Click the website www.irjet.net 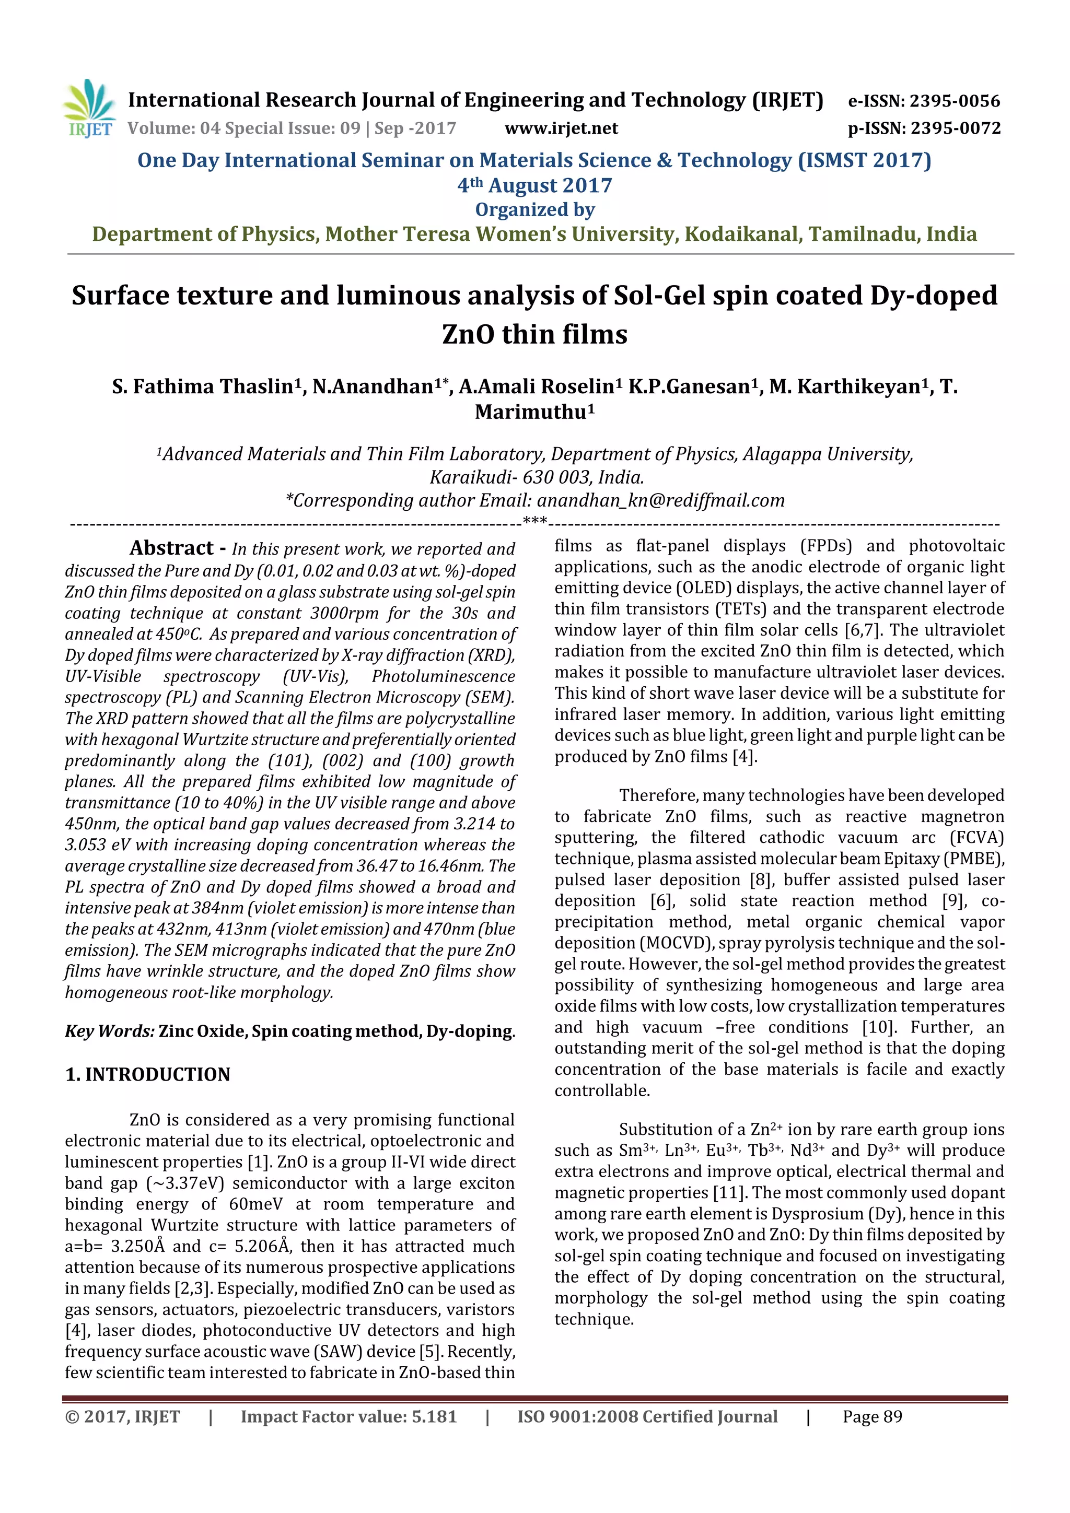pos(561,128)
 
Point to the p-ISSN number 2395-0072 pos(956,128)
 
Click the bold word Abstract pos(171,548)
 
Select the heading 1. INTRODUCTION pos(148,1075)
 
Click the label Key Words pos(109,1031)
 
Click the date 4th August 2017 pos(534,186)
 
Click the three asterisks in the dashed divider pos(534,522)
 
